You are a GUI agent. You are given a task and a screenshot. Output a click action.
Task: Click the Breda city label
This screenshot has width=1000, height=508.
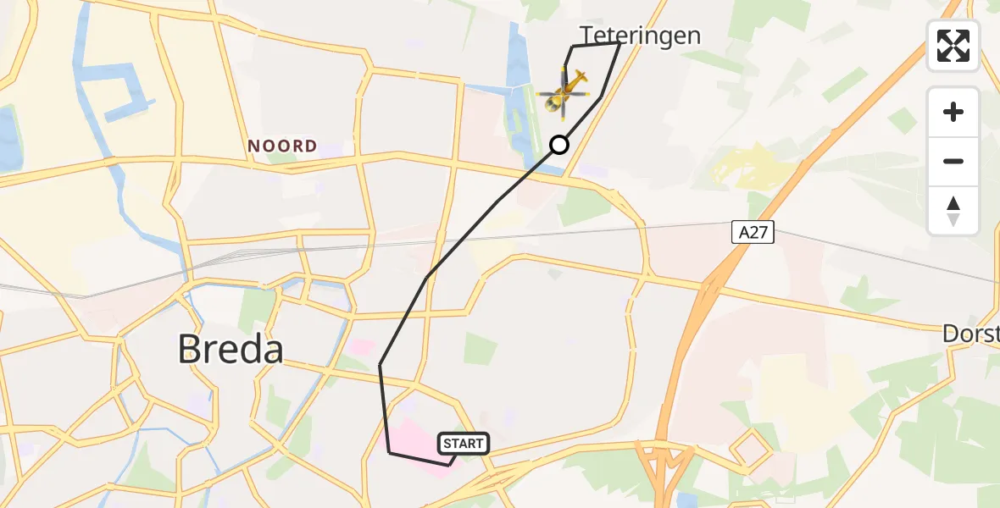coord(231,348)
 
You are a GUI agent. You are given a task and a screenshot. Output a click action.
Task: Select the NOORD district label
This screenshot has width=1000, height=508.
coord(282,146)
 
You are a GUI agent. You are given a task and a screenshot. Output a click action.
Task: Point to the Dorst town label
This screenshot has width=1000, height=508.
coord(970,334)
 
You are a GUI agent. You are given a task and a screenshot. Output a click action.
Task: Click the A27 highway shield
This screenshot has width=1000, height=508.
coord(753,232)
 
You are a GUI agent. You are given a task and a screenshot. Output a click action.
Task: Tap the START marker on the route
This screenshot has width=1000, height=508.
coord(463,444)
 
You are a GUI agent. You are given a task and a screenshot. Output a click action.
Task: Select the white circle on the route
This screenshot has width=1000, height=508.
coord(559,145)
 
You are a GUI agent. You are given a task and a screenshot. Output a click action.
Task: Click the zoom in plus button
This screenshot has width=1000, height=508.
coord(953,112)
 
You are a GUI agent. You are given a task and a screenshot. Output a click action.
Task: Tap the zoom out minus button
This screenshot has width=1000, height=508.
coord(953,161)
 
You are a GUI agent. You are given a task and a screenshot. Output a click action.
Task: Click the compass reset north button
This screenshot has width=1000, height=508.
coord(953,210)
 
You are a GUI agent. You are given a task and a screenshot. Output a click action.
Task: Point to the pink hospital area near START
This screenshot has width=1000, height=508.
coord(415,436)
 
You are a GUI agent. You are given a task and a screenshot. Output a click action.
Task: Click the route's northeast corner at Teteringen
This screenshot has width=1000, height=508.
coord(619,43)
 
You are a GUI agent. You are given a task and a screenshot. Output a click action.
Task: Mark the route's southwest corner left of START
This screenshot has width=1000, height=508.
coord(389,453)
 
